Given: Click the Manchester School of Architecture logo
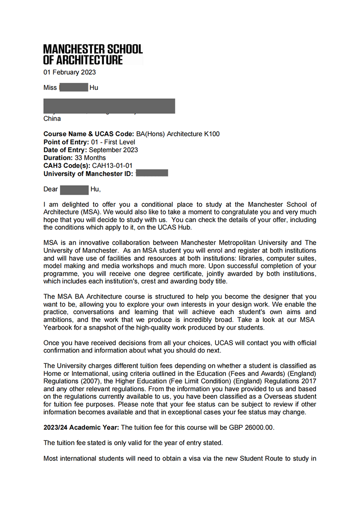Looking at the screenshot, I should point(93,54).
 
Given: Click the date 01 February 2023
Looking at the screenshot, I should point(69,72).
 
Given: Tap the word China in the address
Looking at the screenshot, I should point(52,119).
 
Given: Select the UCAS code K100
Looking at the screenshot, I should point(211,134).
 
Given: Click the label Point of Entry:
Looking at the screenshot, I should point(66,142).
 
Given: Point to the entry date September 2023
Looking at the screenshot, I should point(113,150).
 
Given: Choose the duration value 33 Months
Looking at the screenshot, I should point(90,158).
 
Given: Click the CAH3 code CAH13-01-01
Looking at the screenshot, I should point(112,165).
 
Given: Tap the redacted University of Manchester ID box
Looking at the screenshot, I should point(152,173).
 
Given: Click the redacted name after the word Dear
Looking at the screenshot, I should point(74,189).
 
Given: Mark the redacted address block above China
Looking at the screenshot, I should point(109,106).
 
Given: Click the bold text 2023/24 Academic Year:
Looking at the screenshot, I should point(81,427).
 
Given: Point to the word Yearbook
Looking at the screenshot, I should point(58,327).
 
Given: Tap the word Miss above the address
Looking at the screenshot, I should point(50,88).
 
